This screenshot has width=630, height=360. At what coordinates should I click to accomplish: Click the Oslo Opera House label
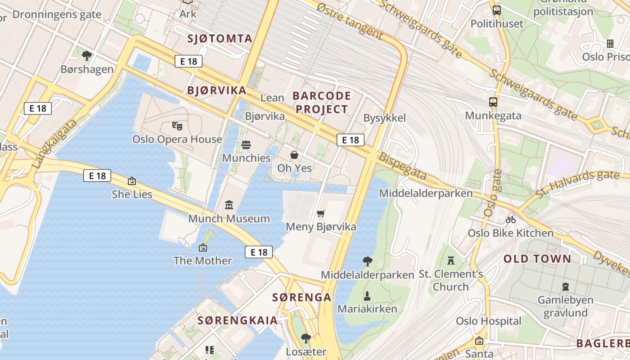[x=177, y=139]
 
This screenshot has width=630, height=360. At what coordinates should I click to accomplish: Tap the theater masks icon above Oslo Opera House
[x=177, y=126]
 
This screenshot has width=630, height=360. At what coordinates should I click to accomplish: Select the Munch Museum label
[x=229, y=219]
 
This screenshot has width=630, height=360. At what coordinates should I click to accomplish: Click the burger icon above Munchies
[x=246, y=145]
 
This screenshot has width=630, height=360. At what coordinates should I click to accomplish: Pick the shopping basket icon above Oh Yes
[x=294, y=155]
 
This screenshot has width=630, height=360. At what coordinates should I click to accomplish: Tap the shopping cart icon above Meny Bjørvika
[x=320, y=213]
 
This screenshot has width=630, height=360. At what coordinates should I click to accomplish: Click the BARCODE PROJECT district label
[x=322, y=102]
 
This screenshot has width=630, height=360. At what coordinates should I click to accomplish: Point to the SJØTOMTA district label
[x=220, y=38]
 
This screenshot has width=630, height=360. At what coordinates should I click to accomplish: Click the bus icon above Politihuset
[x=497, y=10]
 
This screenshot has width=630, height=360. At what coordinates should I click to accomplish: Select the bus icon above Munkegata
[x=493, y=102]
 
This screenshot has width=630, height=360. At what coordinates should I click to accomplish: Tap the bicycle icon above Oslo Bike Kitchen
[x=510, y=220]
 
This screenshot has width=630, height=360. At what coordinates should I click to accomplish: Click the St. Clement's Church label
[x=451, y=280]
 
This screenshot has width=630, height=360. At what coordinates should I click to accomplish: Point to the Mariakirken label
[x=367, y=309]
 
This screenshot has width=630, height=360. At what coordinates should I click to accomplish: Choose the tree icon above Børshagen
[x=87, y=56]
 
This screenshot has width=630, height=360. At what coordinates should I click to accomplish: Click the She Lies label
[x=132, y=194]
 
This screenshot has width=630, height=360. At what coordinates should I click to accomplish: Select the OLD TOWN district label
[x=537, y=259]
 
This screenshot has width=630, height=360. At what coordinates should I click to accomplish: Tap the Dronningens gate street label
[x=57, y=14]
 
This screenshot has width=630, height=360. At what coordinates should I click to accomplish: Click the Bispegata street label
[x=402, y=166]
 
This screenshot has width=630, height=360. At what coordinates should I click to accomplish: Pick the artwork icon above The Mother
[x=203, y=247]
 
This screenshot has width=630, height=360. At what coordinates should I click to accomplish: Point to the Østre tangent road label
[x=349, y=20]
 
